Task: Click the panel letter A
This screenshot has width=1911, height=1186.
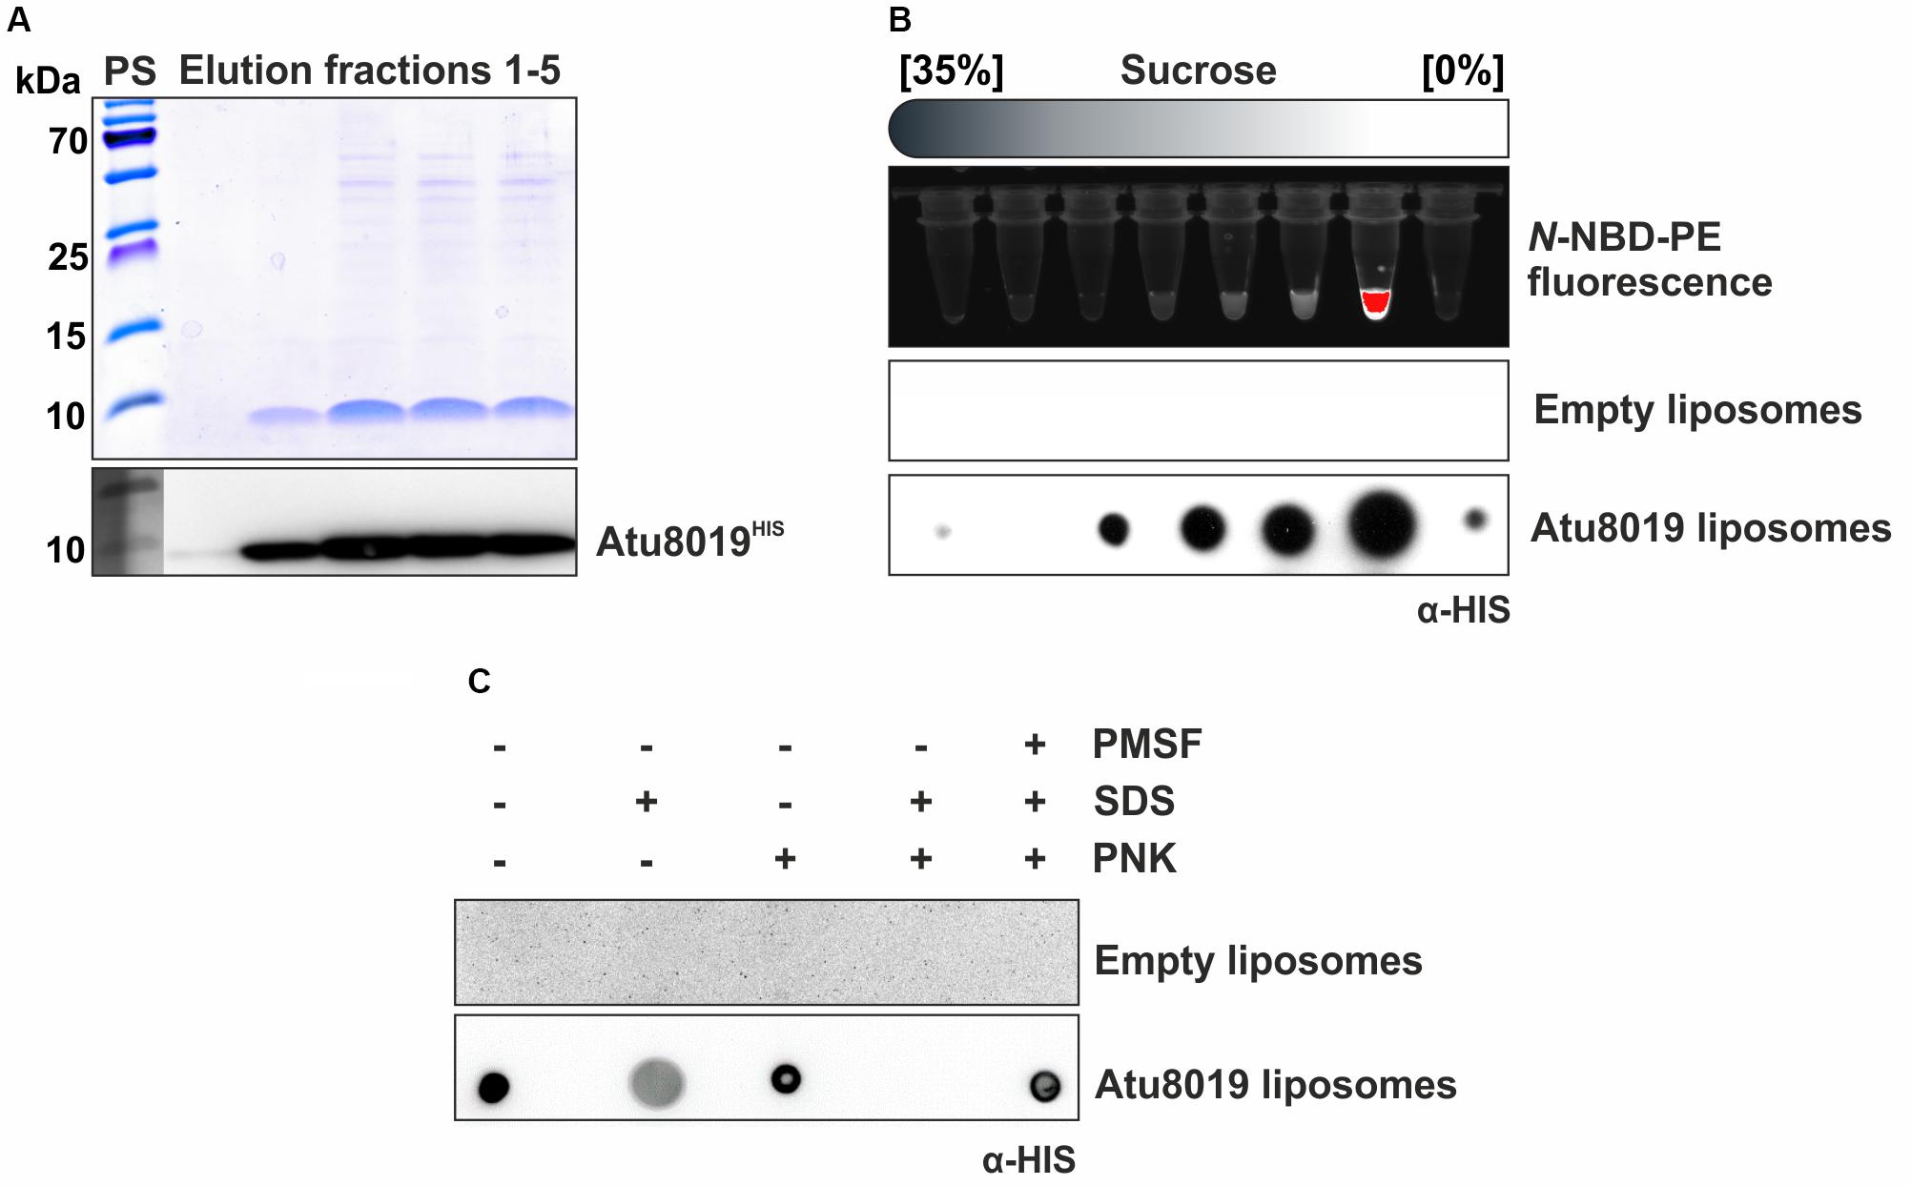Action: [18, 19]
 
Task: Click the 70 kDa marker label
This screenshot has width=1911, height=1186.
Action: [68, 142]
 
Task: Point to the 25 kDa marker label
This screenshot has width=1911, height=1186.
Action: [68, 257]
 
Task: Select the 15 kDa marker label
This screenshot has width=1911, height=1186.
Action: [66, 337]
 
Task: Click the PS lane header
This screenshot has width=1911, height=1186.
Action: [130, 72]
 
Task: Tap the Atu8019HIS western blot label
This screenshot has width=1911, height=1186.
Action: [688, 541]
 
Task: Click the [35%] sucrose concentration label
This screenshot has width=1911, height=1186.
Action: [951, 72]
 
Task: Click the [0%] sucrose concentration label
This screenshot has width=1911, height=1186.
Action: [1462, 72]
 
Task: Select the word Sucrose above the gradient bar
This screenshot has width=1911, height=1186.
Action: [1198, 71]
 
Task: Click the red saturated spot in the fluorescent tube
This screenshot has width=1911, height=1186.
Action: [1375, 302]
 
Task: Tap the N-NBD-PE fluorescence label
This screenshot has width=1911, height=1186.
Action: [1649, 259]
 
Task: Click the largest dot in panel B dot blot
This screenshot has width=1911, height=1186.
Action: [1380, 523]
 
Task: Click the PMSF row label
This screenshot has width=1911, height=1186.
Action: [1146, 745]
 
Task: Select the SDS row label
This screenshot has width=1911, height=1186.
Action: [1133, 802]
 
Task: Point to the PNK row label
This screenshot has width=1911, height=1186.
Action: [1133, 859]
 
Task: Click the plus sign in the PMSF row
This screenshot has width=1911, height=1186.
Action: [1035, 744]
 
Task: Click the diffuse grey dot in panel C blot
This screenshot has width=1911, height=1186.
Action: [657, 1085]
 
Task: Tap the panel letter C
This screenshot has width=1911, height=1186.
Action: [479, 682]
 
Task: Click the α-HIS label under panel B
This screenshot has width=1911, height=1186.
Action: [1463, 610]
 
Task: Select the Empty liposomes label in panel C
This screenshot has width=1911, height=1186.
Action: [1257, 961]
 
